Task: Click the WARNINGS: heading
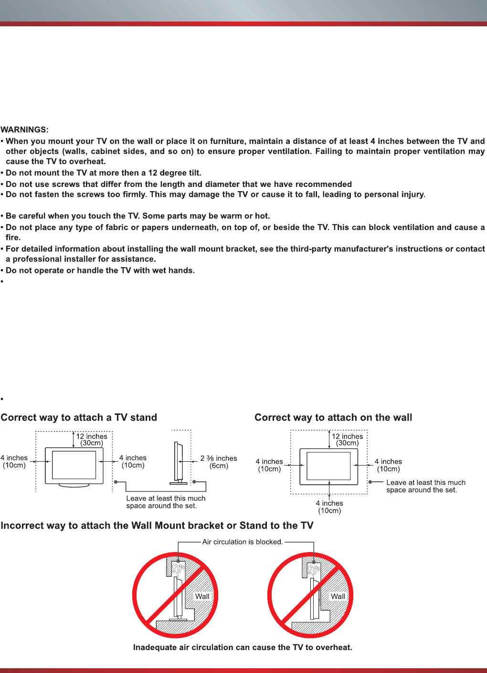24,130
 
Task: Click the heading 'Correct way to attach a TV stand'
79,417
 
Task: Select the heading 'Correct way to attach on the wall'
333,417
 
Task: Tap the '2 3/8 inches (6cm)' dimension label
219,462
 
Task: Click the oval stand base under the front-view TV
74,485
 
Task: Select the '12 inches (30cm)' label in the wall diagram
347,439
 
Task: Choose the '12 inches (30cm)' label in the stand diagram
92,439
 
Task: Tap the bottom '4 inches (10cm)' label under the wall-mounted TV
329,507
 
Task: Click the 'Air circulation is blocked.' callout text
243,542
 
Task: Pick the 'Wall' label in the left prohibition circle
202,596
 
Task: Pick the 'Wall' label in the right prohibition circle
338,596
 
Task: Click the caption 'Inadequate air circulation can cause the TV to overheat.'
243,647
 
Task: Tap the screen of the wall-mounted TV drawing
328,466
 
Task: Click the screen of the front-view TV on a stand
74,465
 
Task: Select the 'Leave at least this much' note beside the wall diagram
425,486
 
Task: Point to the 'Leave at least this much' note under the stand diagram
166,502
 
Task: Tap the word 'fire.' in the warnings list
13,237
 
